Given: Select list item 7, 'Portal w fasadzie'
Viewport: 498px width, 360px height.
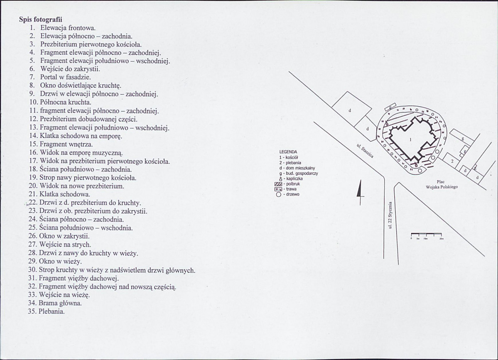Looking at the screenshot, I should (x=65, y=77).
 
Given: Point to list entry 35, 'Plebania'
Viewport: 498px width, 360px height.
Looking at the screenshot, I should (x=52, y=311).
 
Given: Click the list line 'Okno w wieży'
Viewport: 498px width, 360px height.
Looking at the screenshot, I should (x=60, y=261).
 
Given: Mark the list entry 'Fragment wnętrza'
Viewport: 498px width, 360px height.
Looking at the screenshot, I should (x=66, y=144).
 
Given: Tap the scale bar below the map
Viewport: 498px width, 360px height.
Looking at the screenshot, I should (x=426, y=236).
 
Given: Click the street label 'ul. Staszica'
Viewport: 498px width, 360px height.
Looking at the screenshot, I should (x=365, y=151).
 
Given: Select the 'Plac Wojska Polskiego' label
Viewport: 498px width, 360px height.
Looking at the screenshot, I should (x=441, y=184).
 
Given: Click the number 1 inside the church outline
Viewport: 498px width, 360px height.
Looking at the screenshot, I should (x=410, y=140).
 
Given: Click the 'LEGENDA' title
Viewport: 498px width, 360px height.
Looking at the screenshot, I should (x=289, y=152).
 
